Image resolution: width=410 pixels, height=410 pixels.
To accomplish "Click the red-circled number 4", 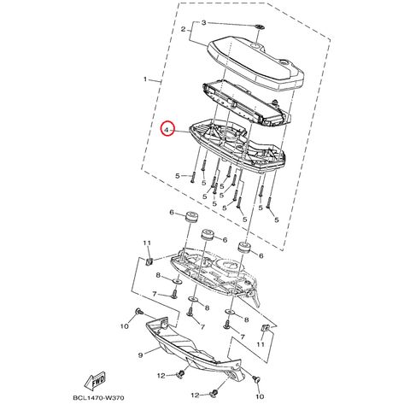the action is (167, 130).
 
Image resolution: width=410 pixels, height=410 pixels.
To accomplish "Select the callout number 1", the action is (145, 79).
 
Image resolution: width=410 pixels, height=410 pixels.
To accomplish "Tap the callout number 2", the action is (184, 29).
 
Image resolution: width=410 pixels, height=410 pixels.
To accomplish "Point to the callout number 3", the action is (203, 23).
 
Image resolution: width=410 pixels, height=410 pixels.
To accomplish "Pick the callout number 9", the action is (140, 355).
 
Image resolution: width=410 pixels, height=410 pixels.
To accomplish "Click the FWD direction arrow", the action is (96, 380).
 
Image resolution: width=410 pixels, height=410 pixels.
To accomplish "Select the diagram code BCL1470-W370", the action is (98, 397).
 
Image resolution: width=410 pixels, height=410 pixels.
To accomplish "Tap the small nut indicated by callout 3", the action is (259, 27).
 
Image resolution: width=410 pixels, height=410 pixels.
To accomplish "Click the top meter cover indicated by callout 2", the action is (255, 63).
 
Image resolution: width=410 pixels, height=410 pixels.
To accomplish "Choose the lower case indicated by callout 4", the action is (237, 147).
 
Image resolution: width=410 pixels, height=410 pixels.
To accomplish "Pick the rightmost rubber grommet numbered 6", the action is (243, 248).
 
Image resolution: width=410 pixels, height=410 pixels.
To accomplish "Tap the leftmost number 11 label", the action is (147, 243).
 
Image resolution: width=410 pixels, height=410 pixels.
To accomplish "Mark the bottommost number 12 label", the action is (195, 395).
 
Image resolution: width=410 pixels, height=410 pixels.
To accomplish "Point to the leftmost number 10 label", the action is (125, 326).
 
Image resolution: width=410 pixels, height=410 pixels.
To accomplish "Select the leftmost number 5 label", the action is (178, 176).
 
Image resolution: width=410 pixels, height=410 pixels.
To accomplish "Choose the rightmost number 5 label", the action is (277, 220).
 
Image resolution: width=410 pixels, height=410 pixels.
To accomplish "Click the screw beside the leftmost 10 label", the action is (138, 311).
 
